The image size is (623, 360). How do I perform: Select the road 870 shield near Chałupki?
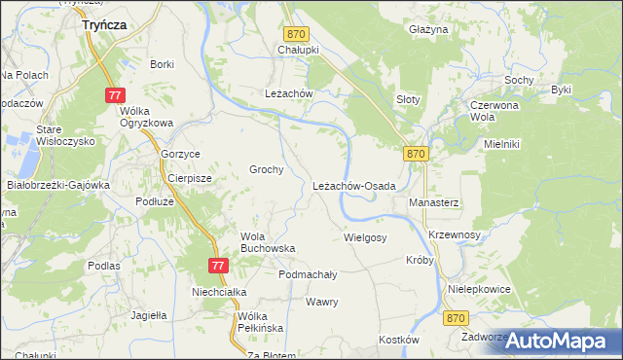[297, 34]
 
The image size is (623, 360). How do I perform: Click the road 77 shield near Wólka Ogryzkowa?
[115, 94]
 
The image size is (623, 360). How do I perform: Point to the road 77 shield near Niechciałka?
[218, 266]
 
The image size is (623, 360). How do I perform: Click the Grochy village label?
[267, 169]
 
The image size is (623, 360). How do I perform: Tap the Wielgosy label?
[365, 237]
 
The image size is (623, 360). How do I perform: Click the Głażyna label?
[428, 30]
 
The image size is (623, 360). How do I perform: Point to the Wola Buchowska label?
[267, 242]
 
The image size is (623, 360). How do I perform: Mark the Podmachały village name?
[308, 275]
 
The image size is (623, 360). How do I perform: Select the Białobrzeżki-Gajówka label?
[59, 184]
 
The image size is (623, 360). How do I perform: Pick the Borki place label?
[162, 64]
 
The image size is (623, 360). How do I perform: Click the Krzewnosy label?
[455, 235]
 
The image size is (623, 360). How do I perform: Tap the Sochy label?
[517, 79]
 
